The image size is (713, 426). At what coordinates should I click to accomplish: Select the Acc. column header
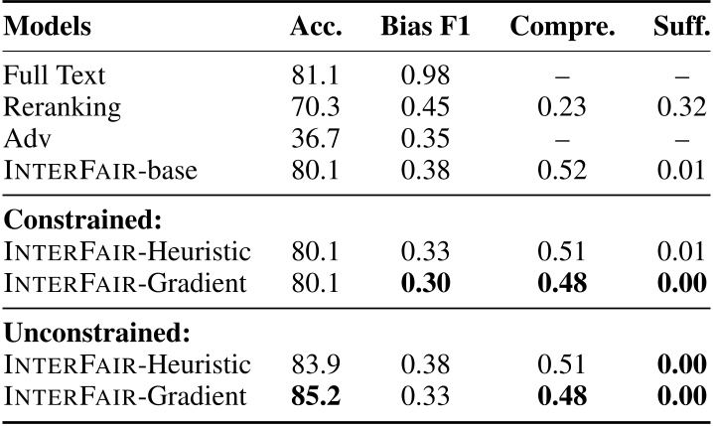point(316,27)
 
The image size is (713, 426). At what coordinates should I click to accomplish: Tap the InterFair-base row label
point(101,169)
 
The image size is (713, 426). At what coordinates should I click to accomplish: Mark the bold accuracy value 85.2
point(315,397)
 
